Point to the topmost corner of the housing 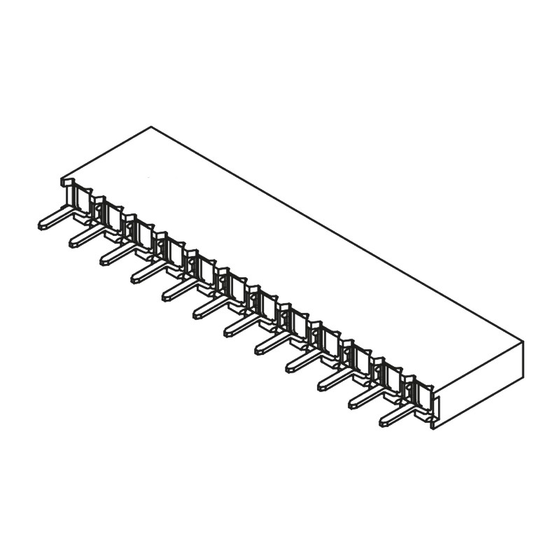[x=151, y=127]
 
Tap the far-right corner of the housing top [x=523, y=342]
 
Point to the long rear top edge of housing [x=336, y=234]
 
